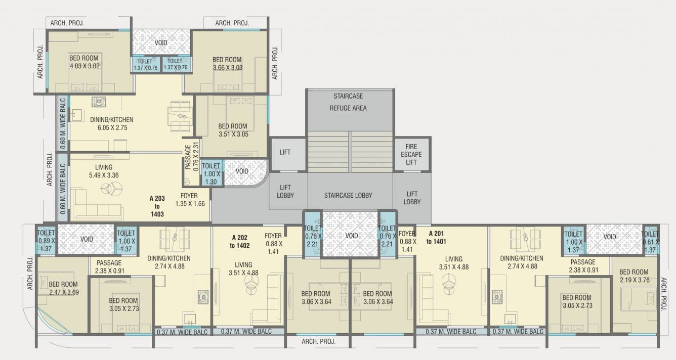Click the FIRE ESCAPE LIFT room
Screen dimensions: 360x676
coord(412,155)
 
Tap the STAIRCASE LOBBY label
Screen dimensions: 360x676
coord(348,195)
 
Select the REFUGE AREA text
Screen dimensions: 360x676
coord(348,108)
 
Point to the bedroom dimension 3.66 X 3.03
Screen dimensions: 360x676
coord(227,67)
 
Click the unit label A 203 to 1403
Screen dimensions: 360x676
coord(157,206)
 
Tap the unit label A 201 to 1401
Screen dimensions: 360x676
coord(436,238)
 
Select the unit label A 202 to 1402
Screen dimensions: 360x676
coord(240,241)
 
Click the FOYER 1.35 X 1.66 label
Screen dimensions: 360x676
coord(192,199)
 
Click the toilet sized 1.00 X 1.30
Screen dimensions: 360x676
coord(211,173)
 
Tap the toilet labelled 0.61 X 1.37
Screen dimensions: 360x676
coord(650,242)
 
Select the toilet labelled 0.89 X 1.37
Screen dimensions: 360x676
coord(46,241)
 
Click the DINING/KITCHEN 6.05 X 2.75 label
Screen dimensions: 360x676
coord(111,124)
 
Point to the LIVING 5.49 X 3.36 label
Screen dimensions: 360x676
coord(103,171)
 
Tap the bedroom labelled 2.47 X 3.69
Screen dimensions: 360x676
coord(63,288)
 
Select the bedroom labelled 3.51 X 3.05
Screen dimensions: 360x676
coord(232,130)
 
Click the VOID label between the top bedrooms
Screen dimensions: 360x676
coord(161,43)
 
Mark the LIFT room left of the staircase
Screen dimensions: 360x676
coord(285,152)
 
